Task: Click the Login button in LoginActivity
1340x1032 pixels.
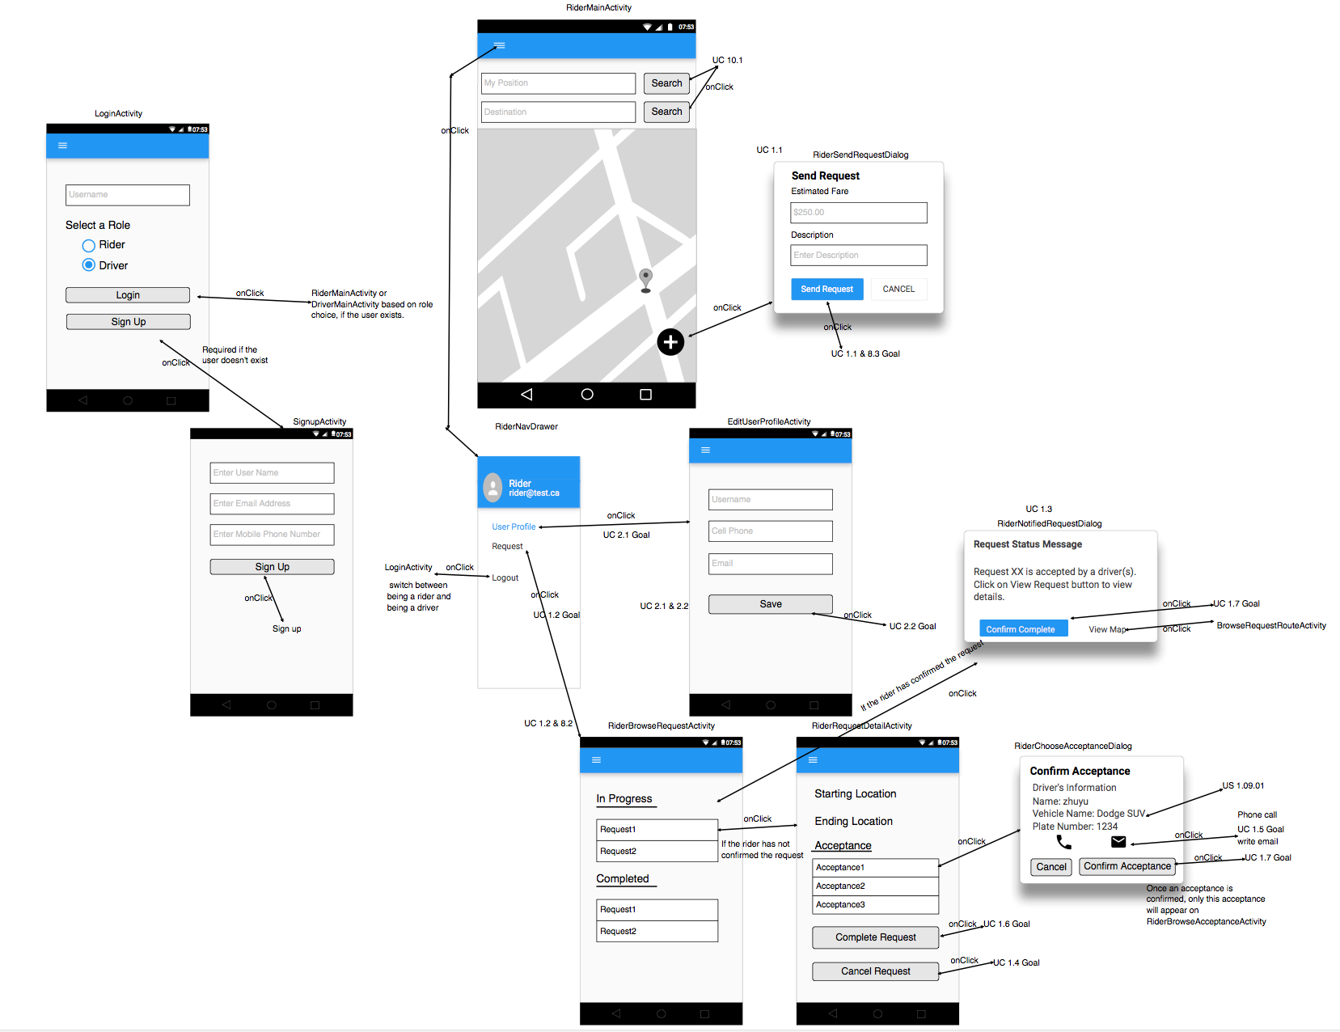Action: (128, 295)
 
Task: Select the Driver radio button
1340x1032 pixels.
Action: (89, 265)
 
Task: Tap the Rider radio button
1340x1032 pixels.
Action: (89, 245)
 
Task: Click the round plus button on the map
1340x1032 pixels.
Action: (670, 342)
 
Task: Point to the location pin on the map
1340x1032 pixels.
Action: (645, 278)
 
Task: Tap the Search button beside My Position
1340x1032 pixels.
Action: (666, 83)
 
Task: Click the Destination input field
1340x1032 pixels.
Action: (558, 112)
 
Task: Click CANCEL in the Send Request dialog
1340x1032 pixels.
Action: (898, 289)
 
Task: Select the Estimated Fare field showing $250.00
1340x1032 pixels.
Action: (858, 213)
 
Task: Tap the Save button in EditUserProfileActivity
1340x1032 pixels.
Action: (770, 604)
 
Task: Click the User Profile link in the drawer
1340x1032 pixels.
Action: (514, 527)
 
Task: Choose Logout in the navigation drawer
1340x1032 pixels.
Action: (505, 577)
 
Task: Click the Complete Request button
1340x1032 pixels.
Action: (875, 937)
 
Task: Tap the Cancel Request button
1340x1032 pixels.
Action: (875, 971)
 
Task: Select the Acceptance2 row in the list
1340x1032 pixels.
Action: (875, 886)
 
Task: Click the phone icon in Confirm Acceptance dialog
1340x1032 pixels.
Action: (1063, 842)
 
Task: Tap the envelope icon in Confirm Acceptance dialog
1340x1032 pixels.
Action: (1118, 842)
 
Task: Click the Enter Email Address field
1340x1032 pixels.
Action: (272, 504)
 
